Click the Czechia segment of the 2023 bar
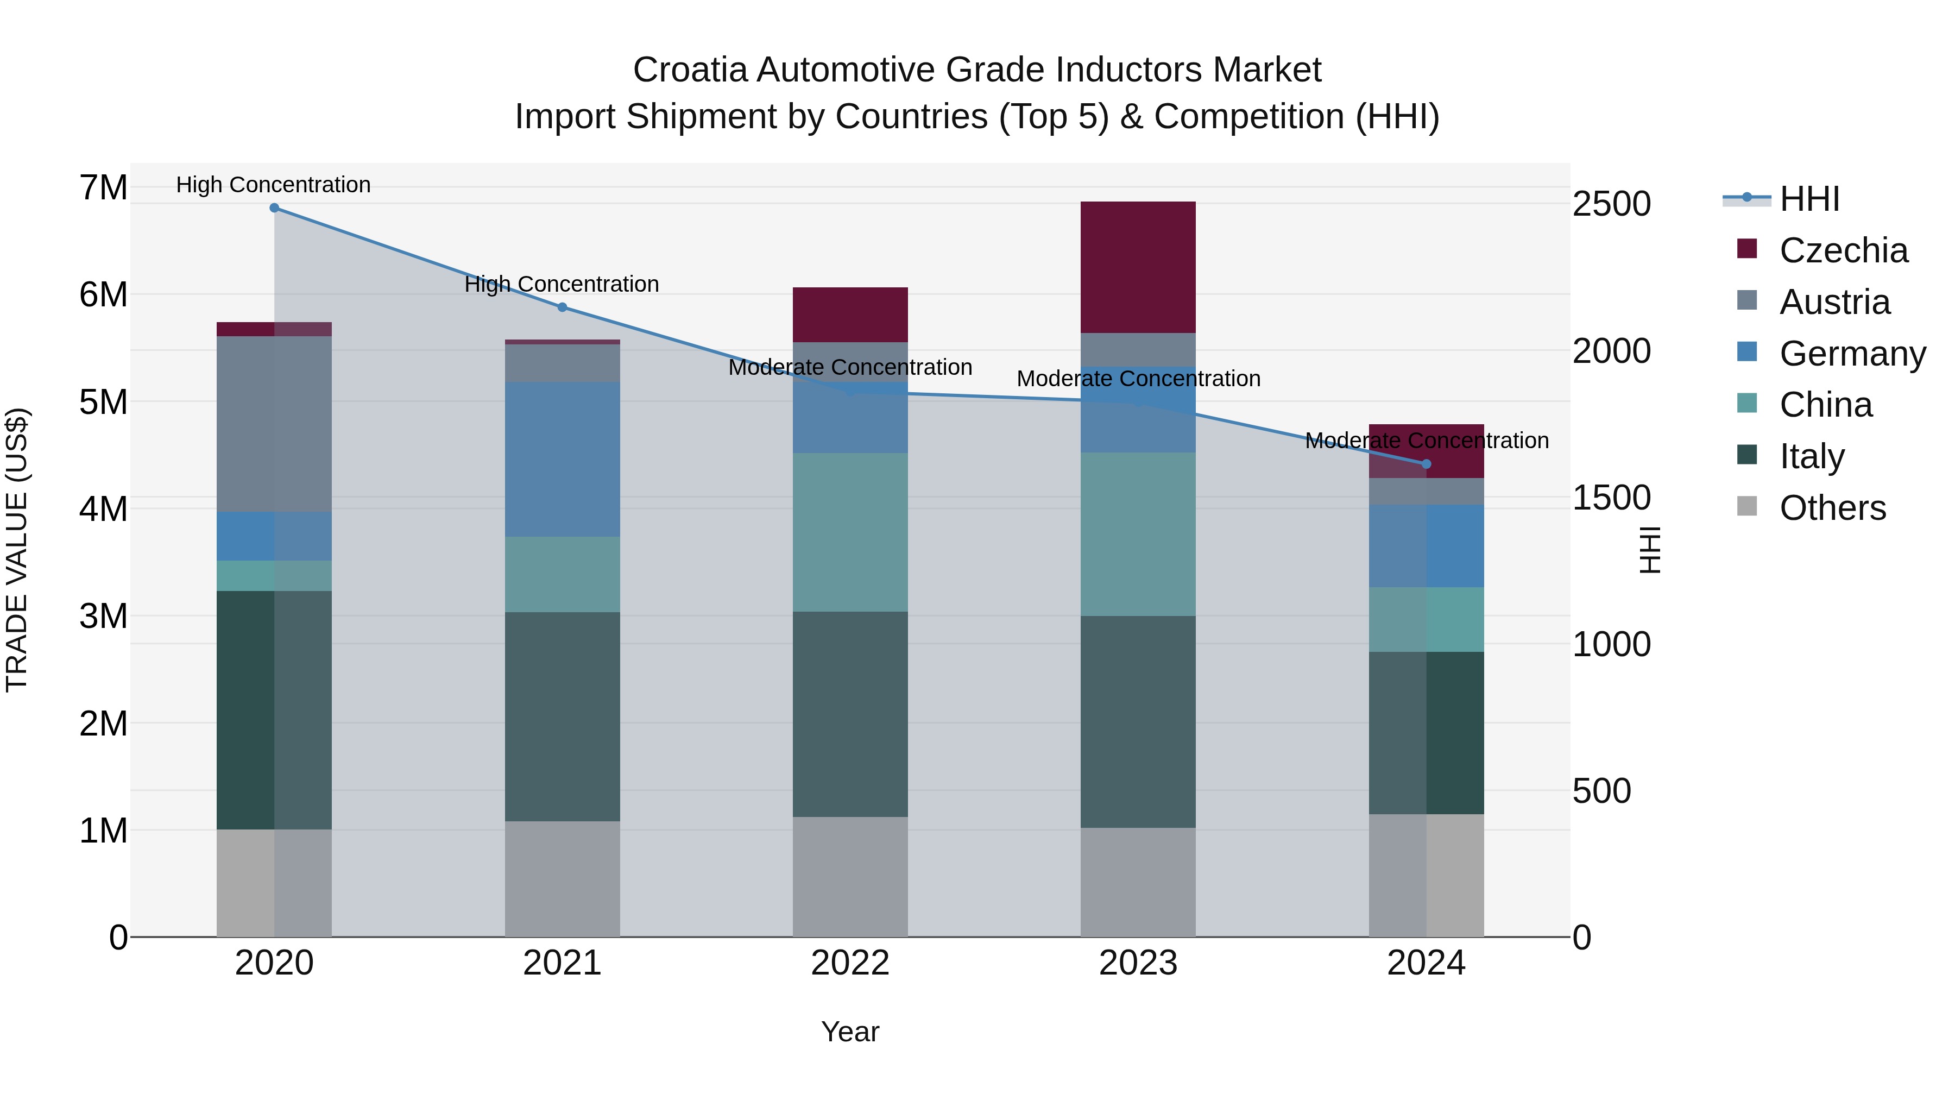[x=1138, y=267]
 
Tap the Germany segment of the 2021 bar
[x=563, y=459]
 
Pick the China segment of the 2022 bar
[x=850, y=531]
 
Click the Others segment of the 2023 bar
[x=1138, y=882]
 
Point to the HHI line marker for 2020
[x=275, y=208]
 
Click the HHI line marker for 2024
[x=1426, y=464]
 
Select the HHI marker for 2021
[x=563, y=307]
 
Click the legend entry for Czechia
[x=1843, y=250]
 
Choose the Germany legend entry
[x=1852, y=354]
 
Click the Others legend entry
[x=1832, y=508]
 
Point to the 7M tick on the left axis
[x=103, y=187]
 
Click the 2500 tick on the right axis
[x=1611, y=204]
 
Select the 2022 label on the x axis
[x=850, y=963]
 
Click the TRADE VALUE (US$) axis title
[x=17, y=550]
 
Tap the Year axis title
[x=850, y=1032]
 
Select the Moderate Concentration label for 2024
[x=1426, y=441]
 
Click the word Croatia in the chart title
[x=690, y=70]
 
